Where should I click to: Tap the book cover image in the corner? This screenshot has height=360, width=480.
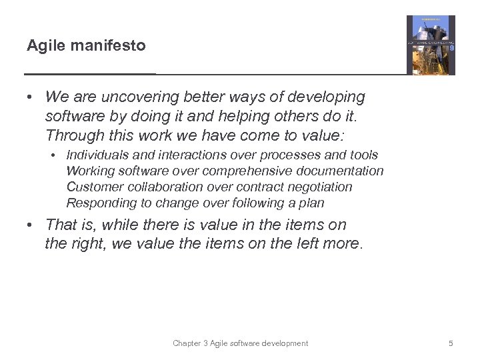click(431, 45)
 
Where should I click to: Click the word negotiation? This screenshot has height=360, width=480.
click(320, 187)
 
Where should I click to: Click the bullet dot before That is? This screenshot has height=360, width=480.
click(31, 225)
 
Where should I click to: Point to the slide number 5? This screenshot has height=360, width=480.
click(451, 343)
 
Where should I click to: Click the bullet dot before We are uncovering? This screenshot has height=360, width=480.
click(31, 97)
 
